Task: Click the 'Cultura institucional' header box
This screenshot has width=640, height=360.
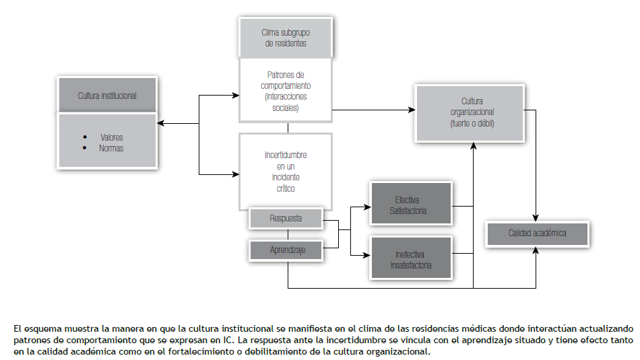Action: pyautogui.click(x=107, y=96)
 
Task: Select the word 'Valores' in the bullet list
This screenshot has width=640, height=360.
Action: pyautogui.click(x=111, y=137)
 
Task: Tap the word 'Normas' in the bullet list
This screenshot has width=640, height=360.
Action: pyautogui.click(x=111, y=148)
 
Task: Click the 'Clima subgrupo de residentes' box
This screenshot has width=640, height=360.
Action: pyautogui.click(x=286, y=38)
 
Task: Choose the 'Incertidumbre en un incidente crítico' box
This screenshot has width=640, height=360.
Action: pyautogui.click(x=286, y=172)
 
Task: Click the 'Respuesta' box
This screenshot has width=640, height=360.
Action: pyautogui.click(x=286, y=219)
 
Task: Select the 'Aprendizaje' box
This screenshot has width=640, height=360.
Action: pyautogui.click(x=286, y=250)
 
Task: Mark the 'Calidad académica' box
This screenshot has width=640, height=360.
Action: pyautogui.click(x=537, y=233)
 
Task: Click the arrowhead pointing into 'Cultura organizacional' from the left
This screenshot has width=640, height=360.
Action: pyautogui.click(x=412, y=110)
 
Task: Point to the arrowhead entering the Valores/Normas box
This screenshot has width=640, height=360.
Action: pyautogui.click(x=160, y=123)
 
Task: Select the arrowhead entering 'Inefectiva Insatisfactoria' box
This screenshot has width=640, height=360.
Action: pyautogui.click(x=367, y=255)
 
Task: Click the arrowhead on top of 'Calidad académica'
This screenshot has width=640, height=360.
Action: pyautogui.click(x=537, y=218)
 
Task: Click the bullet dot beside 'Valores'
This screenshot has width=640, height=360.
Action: pyautogui.click(x=85, y=137)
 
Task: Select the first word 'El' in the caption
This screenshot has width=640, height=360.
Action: pyautogui.click(x=17, y=328)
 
